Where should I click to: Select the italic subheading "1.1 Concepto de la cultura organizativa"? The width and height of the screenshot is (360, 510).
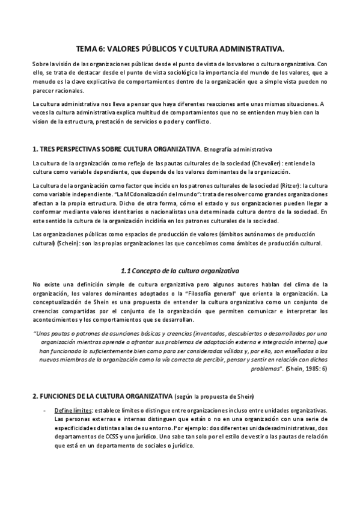tap(180, 271)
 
